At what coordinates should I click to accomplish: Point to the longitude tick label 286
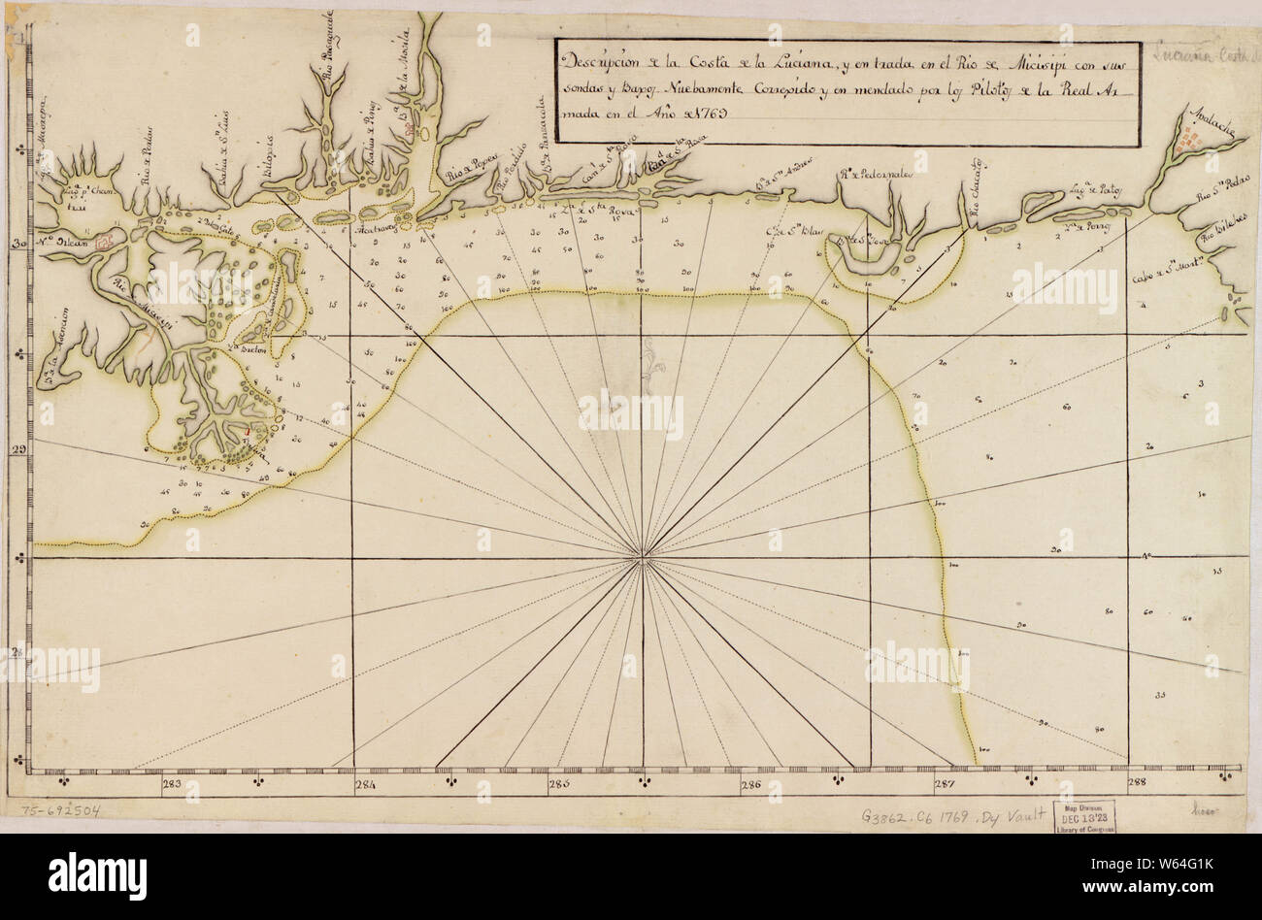click(749, 784)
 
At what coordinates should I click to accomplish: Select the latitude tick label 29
click(17, 449)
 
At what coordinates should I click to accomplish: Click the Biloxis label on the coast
click(273, 156)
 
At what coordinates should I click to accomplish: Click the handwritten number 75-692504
click(54, 809)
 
